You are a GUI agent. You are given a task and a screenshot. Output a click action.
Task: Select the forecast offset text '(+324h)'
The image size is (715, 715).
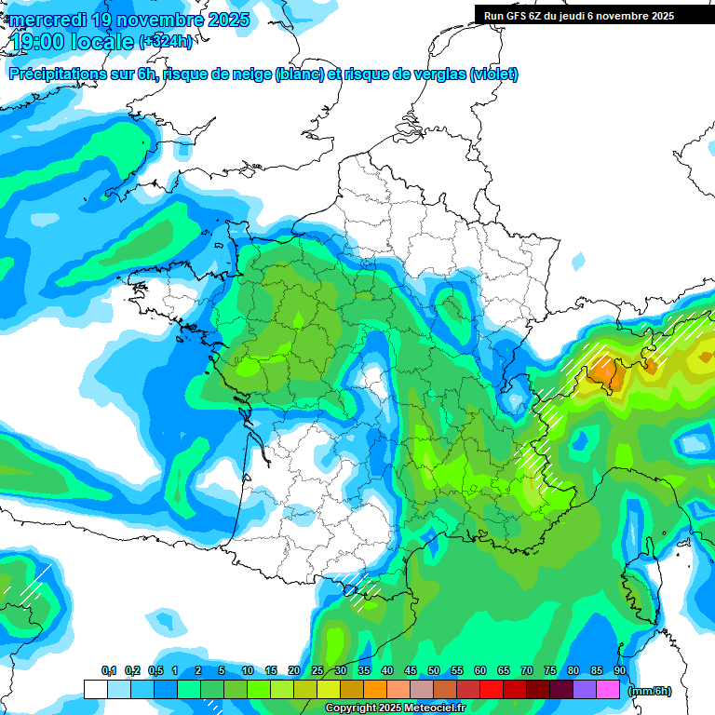point(168,42)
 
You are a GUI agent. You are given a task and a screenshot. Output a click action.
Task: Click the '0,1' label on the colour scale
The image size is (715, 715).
point(109,671)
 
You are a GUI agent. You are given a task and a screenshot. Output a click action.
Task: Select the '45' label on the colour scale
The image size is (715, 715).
point(411,671)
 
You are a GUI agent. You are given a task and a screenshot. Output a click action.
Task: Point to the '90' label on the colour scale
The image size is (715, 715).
point(620,671)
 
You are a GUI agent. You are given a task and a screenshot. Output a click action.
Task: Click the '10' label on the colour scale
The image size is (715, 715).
point(248,671)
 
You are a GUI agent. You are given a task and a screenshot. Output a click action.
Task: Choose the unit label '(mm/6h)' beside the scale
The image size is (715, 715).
point(650,691)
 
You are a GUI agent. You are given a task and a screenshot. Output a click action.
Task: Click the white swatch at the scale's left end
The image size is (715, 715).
point(95,689)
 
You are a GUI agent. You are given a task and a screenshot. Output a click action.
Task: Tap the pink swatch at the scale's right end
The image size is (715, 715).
point(608,689)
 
